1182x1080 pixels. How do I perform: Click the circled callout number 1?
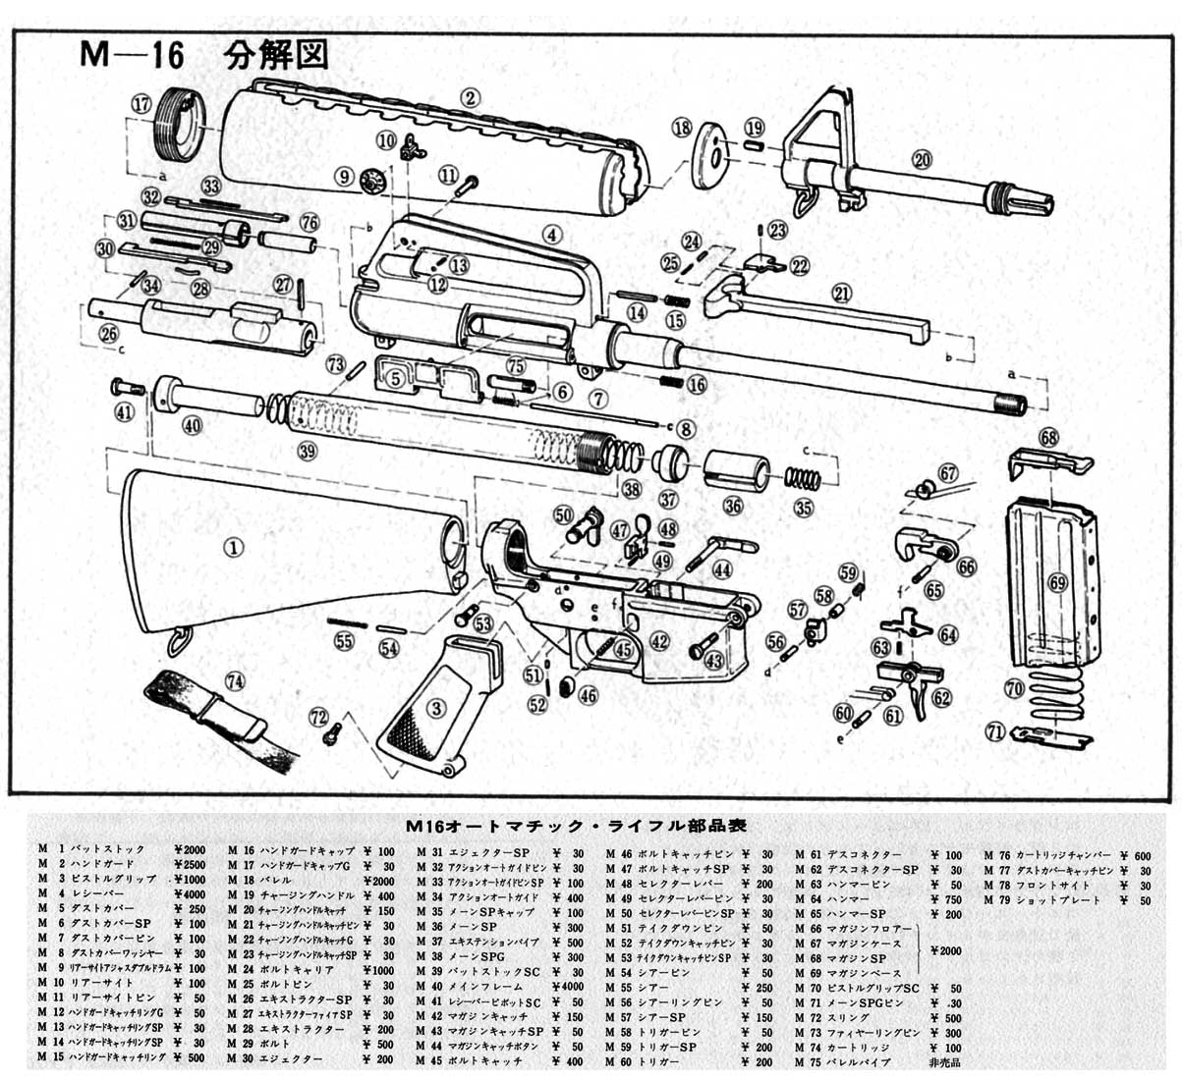point(234,549)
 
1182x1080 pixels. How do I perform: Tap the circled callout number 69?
point(1057,582)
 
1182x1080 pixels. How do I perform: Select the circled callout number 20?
point(921,160)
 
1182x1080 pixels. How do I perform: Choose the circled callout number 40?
point(192,425)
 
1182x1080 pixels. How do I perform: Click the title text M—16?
point(132,55)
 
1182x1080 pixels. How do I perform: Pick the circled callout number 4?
point(552,236)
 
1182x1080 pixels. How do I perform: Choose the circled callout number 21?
point(841,294)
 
